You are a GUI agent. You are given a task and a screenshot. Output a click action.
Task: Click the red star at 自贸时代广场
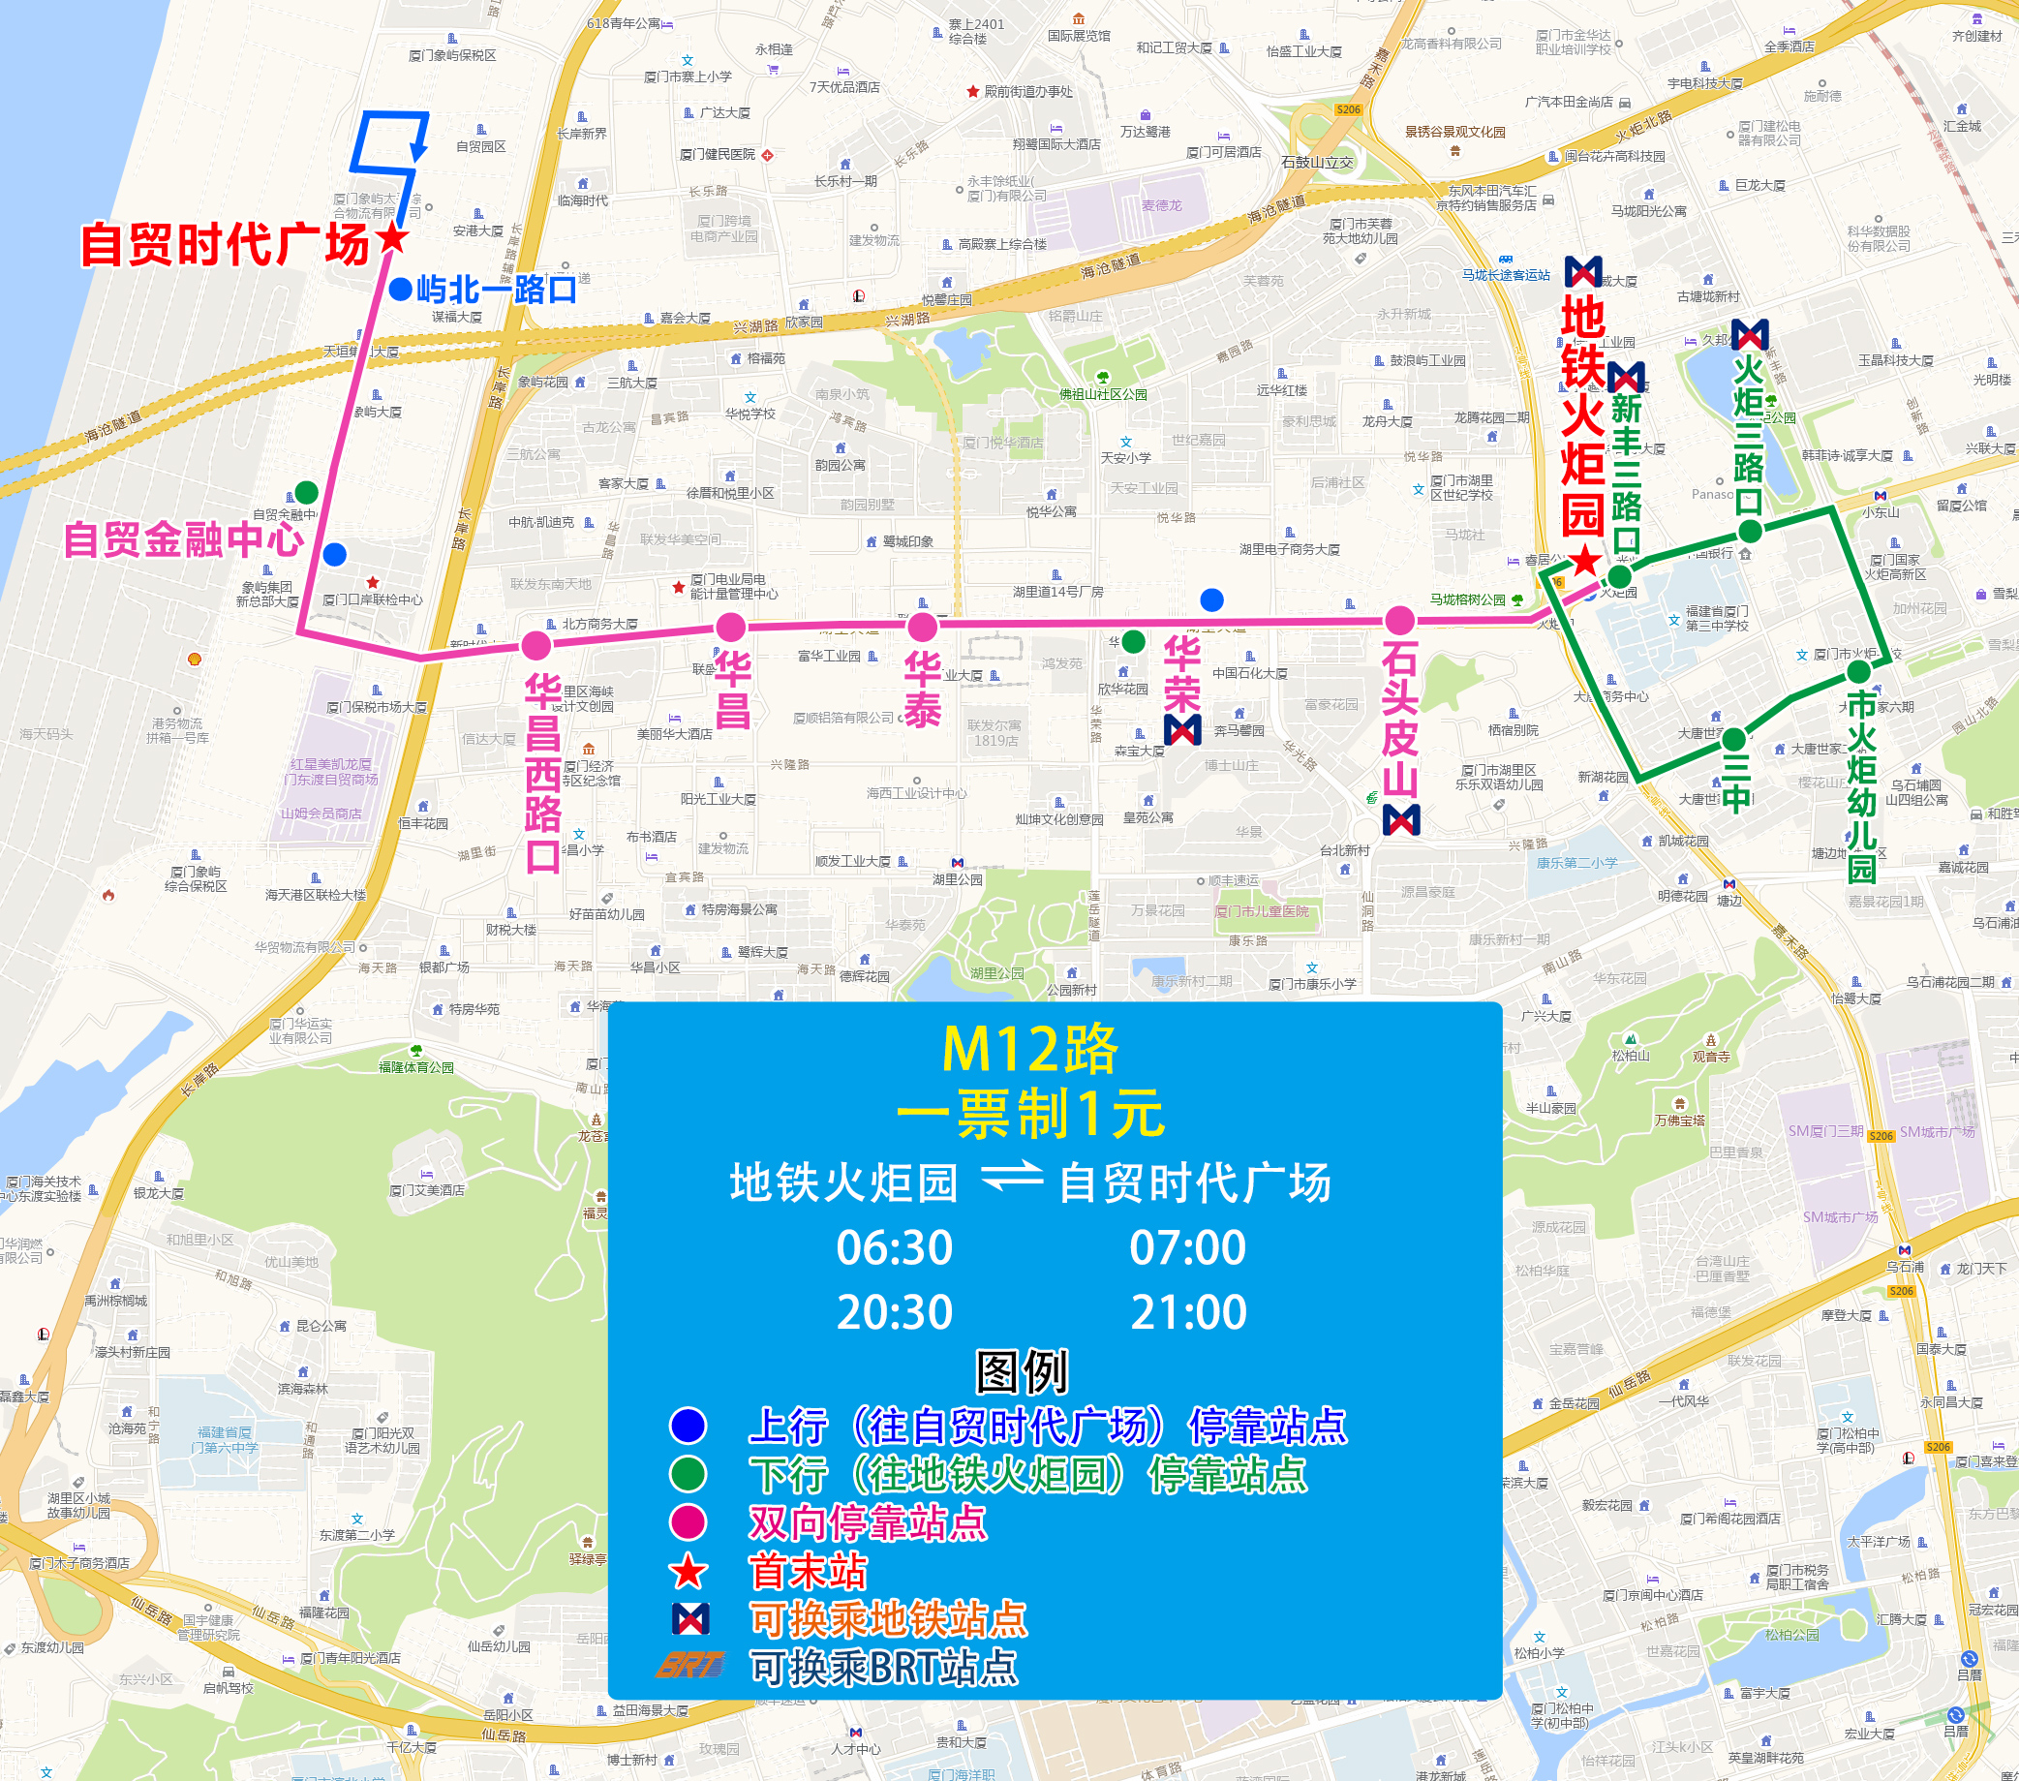(x=392, y=237)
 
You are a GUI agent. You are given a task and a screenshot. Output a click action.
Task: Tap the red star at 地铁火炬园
(x=1584, y=561)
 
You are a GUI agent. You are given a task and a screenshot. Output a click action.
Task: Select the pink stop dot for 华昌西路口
(x=535, y=646)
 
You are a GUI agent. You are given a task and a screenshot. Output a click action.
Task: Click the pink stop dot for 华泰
(x=922, y=627)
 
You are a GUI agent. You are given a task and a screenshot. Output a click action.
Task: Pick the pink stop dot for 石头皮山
(x=1398, y=621)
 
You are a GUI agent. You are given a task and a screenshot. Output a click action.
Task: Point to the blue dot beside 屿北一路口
(x=400, y=290)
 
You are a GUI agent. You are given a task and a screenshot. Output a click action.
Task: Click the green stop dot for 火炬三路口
(x=1750, y=532)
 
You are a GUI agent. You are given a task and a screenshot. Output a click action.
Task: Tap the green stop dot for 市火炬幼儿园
(x=1858, y=672)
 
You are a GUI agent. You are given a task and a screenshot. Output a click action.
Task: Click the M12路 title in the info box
(x=1029, y=1049)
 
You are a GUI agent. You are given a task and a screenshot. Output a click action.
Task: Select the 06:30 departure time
(x=894, y=1247)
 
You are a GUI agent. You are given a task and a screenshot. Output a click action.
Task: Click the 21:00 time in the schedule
(x=1188, y=1313)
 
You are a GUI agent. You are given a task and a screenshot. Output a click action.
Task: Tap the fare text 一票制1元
(x=1029, y=1114)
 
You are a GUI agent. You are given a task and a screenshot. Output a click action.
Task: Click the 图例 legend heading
(x=1022, y=1371)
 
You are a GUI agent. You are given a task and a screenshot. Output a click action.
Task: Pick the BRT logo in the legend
(x=689, y=1666)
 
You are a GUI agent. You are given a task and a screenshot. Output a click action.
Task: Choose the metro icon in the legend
(x=689, y=1618)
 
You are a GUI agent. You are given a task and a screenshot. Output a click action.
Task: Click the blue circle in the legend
(x=688, y=1426)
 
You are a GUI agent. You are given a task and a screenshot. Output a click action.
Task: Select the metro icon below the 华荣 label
(x=1182, y=730)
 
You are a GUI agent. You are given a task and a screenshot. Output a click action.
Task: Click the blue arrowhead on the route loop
(x=419, y=150)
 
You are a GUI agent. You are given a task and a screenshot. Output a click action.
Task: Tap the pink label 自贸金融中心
(x=184, y=539)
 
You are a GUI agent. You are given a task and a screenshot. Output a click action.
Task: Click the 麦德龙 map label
(x=1161, y=205)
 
